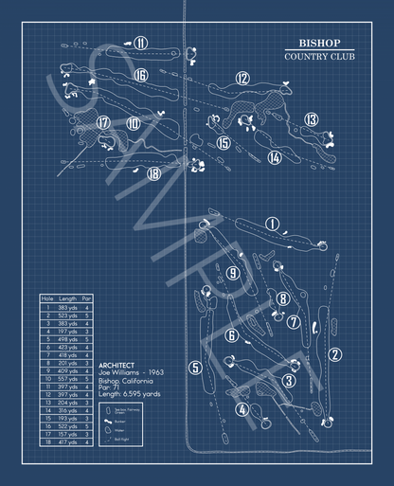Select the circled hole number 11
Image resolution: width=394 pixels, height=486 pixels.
[140, 43]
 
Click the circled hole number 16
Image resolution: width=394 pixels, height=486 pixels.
[140, 76]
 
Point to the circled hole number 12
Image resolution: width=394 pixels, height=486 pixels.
[242, 79]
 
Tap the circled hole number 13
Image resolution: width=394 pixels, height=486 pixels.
[312, 119]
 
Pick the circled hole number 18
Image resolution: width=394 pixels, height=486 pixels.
[153, 173]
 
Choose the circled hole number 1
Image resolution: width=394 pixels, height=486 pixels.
[273, 225]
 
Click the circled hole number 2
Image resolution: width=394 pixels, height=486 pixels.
[334, 355]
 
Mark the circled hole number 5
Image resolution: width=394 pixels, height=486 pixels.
[195, 368]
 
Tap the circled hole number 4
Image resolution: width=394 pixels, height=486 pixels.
[242, 410]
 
